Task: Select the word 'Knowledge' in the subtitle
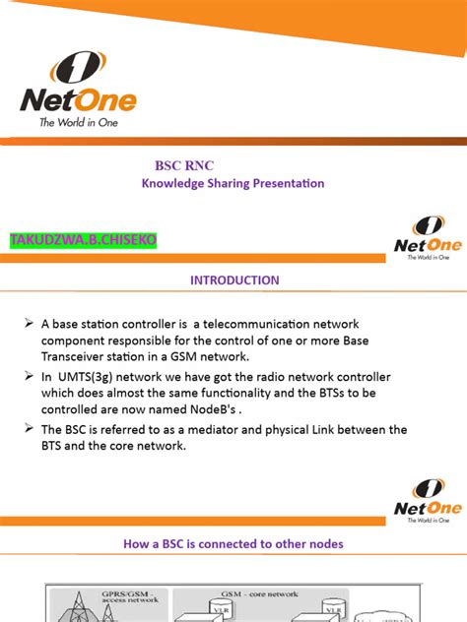pos(170,183)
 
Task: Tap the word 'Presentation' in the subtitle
pos(285,183)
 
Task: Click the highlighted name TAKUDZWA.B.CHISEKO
pos(84,240)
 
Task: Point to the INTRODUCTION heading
pos(234,280)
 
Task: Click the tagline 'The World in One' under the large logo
pos(78,123)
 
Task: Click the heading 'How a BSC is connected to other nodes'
pos(233,543)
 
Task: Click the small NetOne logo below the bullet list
pos(423,502)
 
